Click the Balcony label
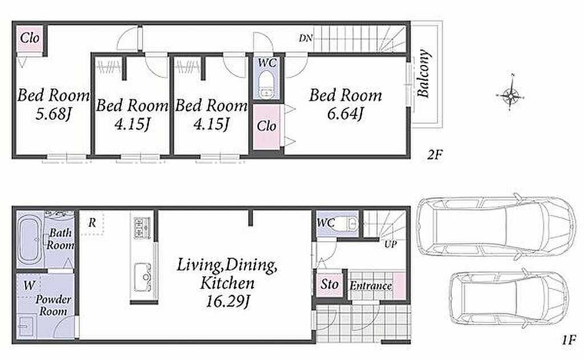424,74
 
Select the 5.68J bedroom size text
53,114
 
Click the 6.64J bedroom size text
345,114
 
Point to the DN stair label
306,38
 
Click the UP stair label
391,244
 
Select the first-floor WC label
326,223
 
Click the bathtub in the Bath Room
30,240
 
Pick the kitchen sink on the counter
143,277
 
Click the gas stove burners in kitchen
142,228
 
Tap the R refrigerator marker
92,223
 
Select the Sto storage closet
330,284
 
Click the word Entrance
371,286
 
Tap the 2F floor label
434,154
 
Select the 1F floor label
569,340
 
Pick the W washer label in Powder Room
29,286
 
